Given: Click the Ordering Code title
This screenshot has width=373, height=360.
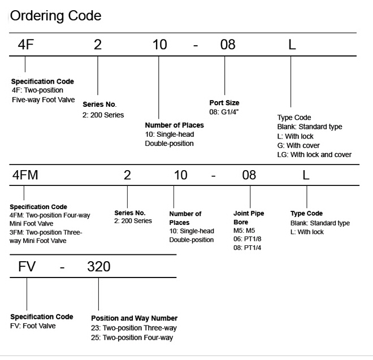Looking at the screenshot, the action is click(55, 16).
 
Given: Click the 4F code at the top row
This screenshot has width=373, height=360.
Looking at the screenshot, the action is click(25, 45).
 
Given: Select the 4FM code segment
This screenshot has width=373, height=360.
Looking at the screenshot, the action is click(25, 175).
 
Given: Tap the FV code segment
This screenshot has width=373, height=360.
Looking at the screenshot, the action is click(27, 267).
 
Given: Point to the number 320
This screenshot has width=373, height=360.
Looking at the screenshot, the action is click(99, 267).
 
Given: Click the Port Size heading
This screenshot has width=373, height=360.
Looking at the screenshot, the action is click(224, 103).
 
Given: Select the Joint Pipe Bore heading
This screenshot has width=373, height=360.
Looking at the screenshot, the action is click(249, 218).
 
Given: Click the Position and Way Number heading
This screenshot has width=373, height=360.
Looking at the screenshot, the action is click(134, 318).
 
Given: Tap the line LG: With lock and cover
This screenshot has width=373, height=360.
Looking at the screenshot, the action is click(314, 155).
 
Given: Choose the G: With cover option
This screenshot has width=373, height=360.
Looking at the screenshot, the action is click(298, 145).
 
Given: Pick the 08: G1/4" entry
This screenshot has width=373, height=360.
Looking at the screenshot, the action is click(224, 112).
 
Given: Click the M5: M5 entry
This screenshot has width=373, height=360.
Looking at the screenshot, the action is click(244, 231).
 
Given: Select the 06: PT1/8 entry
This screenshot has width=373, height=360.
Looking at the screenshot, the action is click(247, 239).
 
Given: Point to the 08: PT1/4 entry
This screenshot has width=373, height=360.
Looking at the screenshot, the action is click(247, 248).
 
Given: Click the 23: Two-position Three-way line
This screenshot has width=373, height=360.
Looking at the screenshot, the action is click(134, 328).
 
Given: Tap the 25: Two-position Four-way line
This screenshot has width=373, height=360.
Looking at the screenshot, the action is click(132, 337).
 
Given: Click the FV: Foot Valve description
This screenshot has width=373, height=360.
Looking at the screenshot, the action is click(33, 326).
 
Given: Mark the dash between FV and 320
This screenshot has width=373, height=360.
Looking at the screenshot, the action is click(62, 268).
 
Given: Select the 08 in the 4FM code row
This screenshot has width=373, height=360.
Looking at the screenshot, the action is click(249, 175).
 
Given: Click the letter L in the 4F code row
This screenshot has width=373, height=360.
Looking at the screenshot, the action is click(292, 45).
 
